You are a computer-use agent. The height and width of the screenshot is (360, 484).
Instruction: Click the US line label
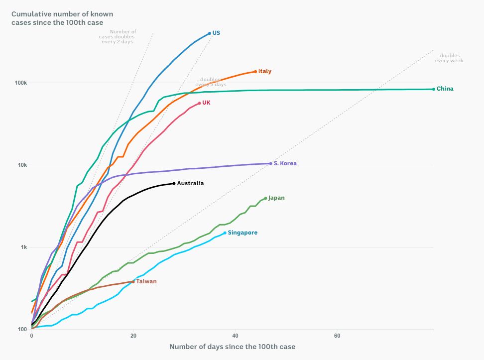click(x=216, y=33)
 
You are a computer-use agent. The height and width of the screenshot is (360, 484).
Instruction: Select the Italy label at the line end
click(x=265, y=71)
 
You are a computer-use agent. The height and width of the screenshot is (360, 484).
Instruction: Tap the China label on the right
click(x=445, y=89)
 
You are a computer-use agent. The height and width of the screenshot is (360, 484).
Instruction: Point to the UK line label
click(x=206, y=103)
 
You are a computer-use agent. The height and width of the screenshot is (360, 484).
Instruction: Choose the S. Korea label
click(x=285, y=163)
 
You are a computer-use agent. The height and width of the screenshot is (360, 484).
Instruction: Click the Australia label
click(x=191, y=183)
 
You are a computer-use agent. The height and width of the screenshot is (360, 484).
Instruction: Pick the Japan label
click(x=276, y=198)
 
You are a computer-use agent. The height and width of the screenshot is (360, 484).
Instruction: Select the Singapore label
click(x=242, y=233)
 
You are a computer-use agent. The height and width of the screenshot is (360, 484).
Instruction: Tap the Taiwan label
click(x=146, y=281)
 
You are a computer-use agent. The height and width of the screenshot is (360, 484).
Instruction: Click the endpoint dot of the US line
click(x=210, y=33)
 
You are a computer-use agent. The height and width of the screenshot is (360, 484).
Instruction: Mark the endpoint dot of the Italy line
click(x=255, y=71)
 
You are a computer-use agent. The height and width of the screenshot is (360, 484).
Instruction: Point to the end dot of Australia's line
click(x=174, y=183)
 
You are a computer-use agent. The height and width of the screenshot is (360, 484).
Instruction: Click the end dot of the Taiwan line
click(x=133, y=281)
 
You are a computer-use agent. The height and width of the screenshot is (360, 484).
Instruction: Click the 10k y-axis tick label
click(x=22, y=165)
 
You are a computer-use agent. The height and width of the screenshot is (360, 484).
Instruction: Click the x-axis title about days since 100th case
click(x=233, y=347)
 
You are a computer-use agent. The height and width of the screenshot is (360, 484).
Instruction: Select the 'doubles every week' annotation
click(x=449, y=58)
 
